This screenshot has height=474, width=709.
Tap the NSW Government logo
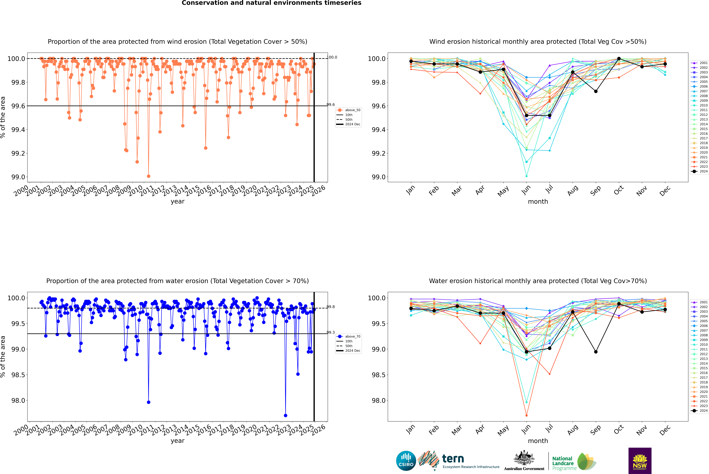(640, 461)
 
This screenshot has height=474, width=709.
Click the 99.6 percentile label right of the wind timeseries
(331, 105)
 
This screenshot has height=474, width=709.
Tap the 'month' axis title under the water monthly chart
(538, 441)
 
